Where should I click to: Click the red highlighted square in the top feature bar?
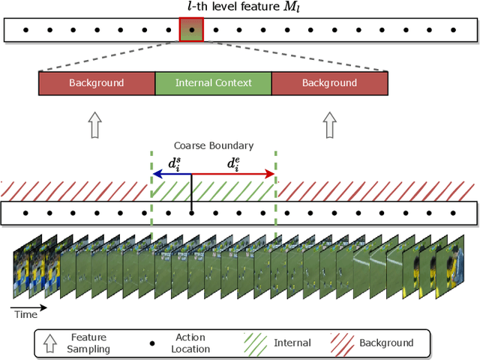[x=191, y=31]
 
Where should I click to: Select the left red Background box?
[x=96, y=82]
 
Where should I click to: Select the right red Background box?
[x=329, y=82]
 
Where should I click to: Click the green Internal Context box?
[x=213, y=82]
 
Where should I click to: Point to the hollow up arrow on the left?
[x=94, y=125]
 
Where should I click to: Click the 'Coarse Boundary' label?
[x=214, y=145]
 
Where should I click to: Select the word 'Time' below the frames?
[x=25, y=315]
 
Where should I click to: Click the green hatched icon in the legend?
[x=256, y=343]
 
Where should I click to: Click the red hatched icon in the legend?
[x=342, y=343]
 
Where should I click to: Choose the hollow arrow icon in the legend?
[x=49, y=343]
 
